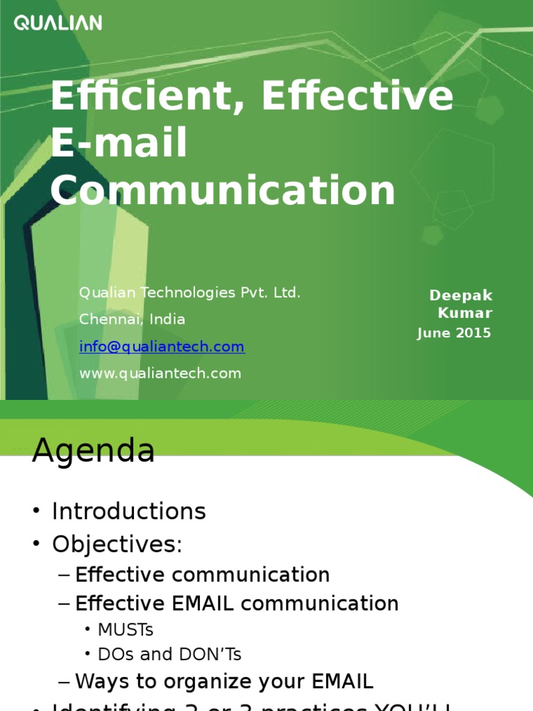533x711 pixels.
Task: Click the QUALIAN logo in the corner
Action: (58, 23)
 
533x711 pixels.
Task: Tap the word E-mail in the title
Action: (119, 143)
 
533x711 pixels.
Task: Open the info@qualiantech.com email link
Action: (162, 346)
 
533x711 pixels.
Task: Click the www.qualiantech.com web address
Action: (160, 374)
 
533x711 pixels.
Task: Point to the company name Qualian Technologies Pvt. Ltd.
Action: (189, 292)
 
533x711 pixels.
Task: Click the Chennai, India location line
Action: (132, 319)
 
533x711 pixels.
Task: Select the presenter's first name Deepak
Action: (461, 296)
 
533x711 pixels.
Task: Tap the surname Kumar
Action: (465, 314)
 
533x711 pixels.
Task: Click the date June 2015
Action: (454, 333)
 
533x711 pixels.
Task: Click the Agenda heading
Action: (93, 452)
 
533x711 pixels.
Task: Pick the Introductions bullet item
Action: (128, 512)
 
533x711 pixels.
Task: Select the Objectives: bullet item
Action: (117, 544)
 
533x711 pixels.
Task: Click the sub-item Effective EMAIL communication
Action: (237, 603)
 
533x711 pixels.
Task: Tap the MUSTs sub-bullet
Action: (125, 630)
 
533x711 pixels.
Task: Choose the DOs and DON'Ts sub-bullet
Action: (169, 654)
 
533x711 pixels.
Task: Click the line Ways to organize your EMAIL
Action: (223, 681)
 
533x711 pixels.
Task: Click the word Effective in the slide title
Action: (357, 97)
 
